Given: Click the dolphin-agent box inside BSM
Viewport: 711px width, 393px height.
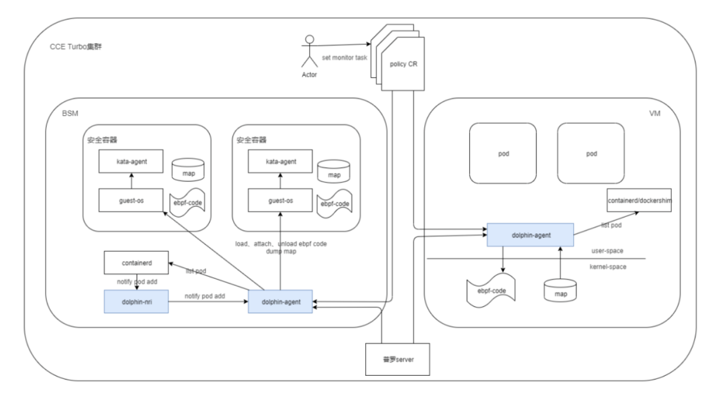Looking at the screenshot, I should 280,302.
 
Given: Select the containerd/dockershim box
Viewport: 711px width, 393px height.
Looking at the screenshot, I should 639,200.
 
